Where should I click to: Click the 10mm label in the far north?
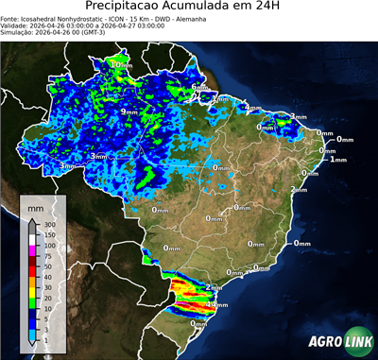(x=118, y=64)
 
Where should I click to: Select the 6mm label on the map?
(x=198, y=88)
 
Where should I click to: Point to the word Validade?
(x=16, y=26)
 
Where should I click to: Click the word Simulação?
(x=18, y=33)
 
